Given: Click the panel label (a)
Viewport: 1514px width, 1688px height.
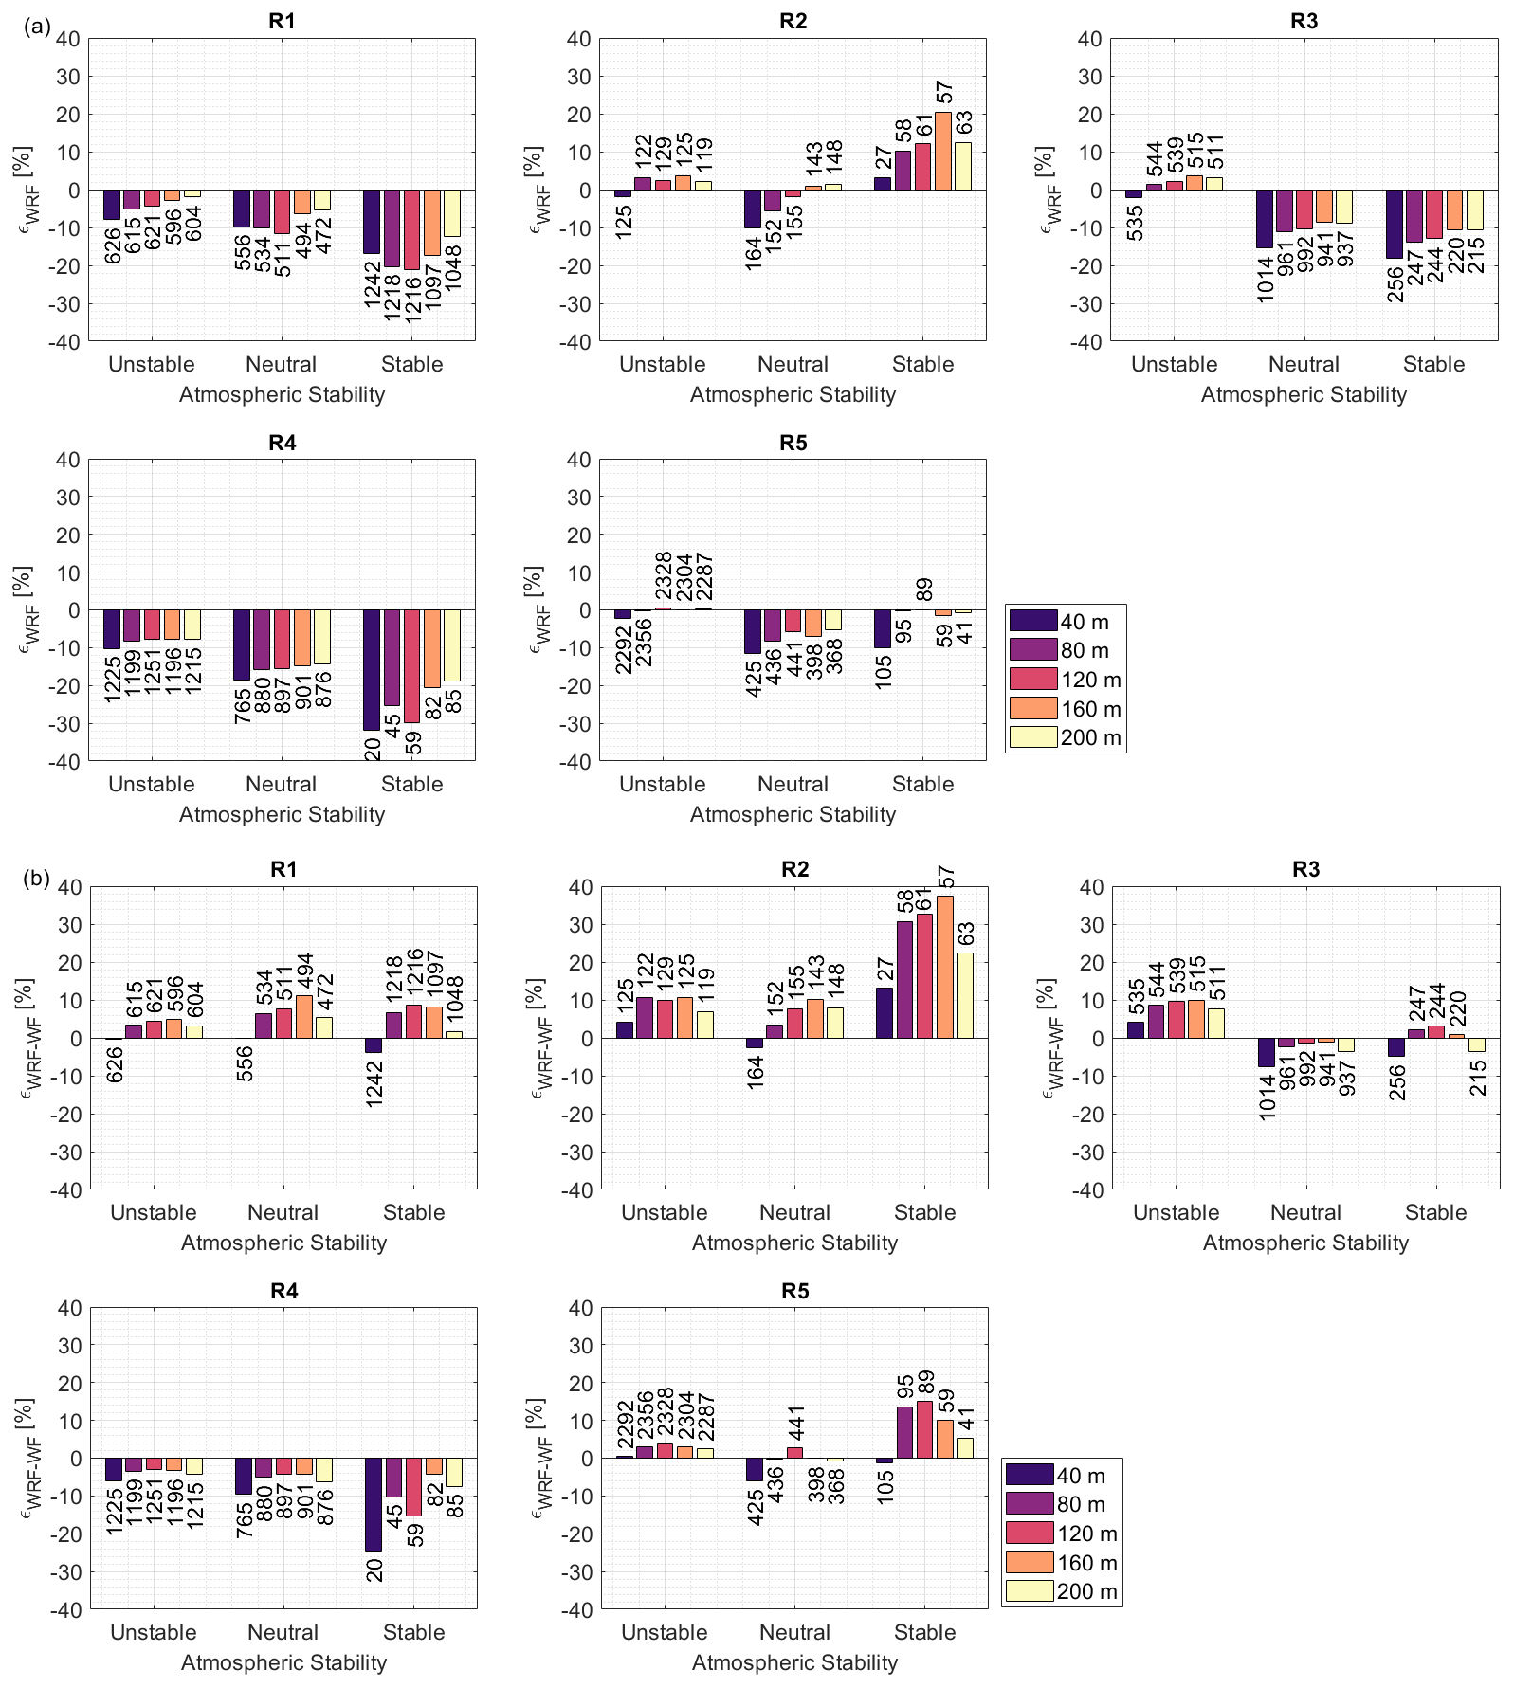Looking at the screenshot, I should pyautogui.click(x=36, y=27).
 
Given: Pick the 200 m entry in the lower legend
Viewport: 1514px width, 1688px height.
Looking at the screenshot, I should pyautogui.click(x=1061, y=1591).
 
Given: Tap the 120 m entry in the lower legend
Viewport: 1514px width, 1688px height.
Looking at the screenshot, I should pyautogui.click(x=1061, y=1534).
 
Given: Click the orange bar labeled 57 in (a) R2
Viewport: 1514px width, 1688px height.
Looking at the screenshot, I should pyautogui.click(x=943, y=152).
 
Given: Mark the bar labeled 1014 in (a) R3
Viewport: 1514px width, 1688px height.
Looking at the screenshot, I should pyautogui.click(x=1264, y=219).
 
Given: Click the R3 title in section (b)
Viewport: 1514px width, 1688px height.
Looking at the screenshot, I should pyautogui.click(x=1305, y=869).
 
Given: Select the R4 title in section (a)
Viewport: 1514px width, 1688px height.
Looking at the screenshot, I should pyautogui.click(x=282, y=443).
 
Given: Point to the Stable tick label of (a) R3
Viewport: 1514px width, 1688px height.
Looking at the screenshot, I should pyautogui.click(x=1433, y=365).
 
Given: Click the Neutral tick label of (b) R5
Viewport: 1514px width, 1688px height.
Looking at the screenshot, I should pyautogui.click(x=794, y=1632).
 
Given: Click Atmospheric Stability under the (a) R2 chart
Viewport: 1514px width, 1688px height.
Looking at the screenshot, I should pyautogui.click(x=793, y=395).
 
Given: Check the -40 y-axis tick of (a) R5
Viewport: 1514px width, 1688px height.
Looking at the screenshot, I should pyautogui.click(x=576, y=762).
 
